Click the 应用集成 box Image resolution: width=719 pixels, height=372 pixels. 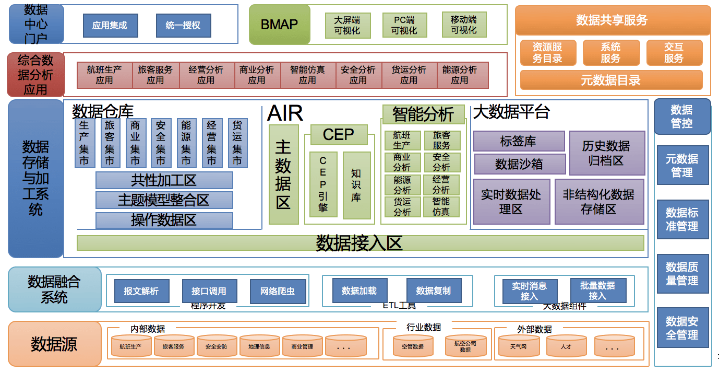click(110, 25)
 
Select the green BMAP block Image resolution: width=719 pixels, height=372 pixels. click(279, 25)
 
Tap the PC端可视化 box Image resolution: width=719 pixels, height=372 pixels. click(404, 25)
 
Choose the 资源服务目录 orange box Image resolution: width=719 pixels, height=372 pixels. click(547, 53)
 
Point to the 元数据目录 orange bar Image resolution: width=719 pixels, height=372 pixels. click(610, 80)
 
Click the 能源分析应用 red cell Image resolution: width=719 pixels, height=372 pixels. click(460, 75)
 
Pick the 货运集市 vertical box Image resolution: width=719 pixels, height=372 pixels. click(237, 143)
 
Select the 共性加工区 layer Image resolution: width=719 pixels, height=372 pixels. click(164, 181)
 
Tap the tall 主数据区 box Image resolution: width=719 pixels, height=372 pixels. click(283, 174)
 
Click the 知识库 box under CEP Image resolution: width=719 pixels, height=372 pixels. click(356, 185)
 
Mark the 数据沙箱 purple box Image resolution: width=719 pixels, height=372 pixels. click(519, 164)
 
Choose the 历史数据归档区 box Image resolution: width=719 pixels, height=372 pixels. click(606, 153)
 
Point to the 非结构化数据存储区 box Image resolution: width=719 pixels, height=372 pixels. click(598, 202)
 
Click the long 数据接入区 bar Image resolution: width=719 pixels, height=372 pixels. click(360, 243)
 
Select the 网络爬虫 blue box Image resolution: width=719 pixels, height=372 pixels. click(277, 291)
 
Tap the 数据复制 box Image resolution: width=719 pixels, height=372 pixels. click(433, 290)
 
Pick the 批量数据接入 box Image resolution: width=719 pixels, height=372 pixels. click(597, 290)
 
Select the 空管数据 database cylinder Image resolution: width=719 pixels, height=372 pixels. click(412, 346)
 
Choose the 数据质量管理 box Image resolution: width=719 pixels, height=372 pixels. click(681, 274)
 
